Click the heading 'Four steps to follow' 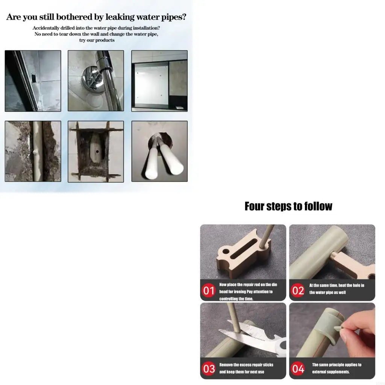click(x=288, y=206)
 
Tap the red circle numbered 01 click(x=209, y=291)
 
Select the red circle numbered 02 click(x=298, y=291)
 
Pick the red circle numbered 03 click(x=209, y=368)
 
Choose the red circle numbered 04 click(x=298, y=368)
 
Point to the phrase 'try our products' click(x=97, y=40)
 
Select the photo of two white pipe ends click(x=159, y=152)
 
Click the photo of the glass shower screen click(x=159, y=81)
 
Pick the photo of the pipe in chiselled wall click(x=33, y=152)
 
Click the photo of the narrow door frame click(x=33, y=81)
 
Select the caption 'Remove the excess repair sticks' click(x=246, y=365)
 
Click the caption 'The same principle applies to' click(x=336, y=365)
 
